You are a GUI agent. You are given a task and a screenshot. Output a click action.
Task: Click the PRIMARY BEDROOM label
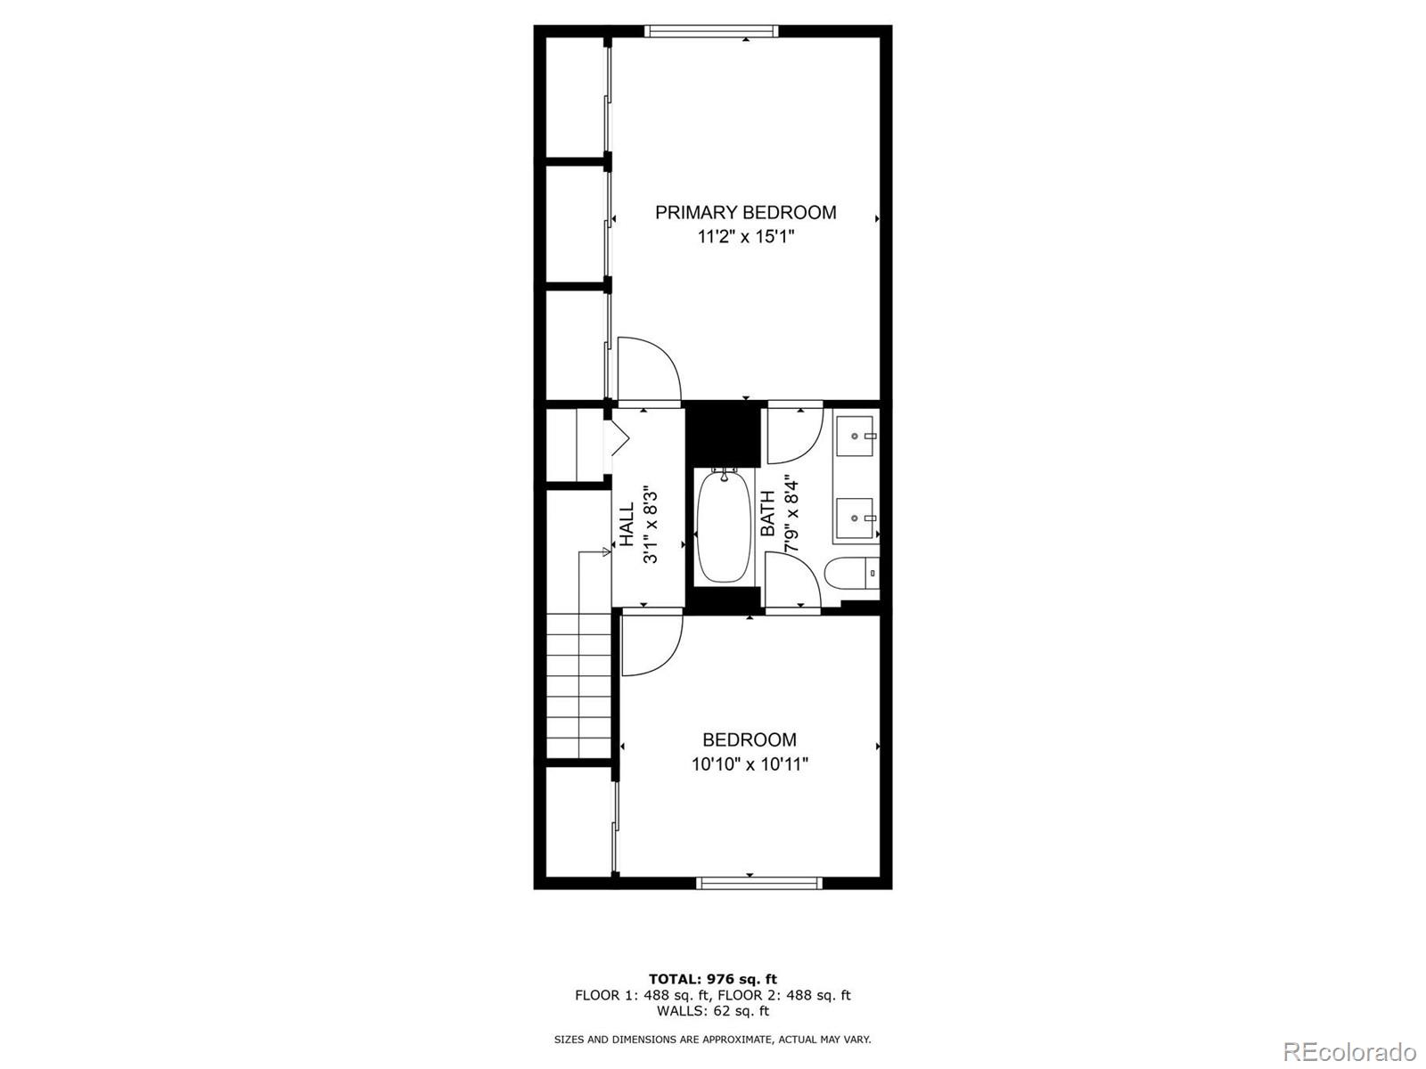[746, 212]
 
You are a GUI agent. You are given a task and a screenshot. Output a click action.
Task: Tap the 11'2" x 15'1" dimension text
[746, 237]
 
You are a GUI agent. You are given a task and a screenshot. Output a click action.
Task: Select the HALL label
[627, 524]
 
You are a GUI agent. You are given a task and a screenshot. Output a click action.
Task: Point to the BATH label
[767, 514]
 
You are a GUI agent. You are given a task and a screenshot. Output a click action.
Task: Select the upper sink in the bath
[856, 437]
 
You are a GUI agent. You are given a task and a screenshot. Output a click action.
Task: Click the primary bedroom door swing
[649, 370]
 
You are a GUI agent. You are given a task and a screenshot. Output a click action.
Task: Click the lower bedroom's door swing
[651, 643]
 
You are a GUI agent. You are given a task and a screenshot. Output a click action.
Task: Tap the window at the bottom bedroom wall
[758, 883]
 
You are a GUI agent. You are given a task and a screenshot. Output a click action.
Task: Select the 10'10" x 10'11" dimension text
[750, 764]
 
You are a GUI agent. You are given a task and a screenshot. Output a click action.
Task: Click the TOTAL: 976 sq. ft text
[712, 979]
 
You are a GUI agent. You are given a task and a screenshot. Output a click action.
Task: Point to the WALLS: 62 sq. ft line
[712, 1011]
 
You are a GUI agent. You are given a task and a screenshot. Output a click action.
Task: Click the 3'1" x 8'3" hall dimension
[651, 525]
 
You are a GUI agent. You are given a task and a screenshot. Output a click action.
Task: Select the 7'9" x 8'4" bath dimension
[791, 514]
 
